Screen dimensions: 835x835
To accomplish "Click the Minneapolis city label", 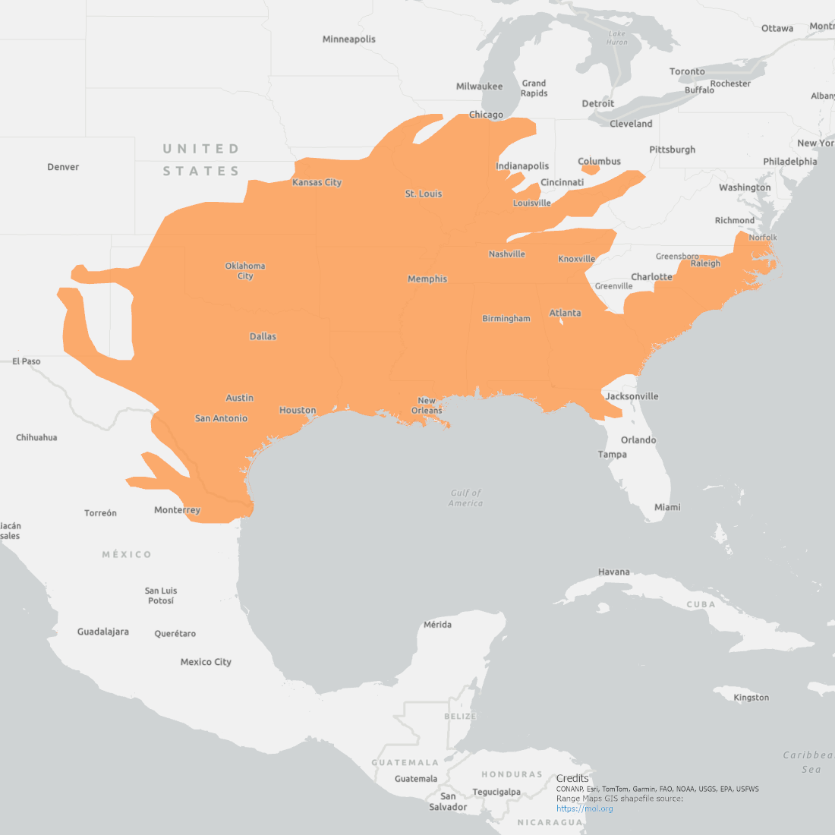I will (x=348, y=39).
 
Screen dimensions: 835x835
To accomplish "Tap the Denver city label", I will (x=63, y=167).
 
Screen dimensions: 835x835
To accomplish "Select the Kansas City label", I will (x=317, y=182).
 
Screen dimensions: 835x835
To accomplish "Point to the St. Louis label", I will (x=423, y=194).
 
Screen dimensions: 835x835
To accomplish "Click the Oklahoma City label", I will (x=244, y=271).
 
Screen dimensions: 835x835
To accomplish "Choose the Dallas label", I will (x=263, y=336).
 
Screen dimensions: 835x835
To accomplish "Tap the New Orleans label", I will (x=427, y=405).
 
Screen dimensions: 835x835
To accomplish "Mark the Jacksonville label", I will (x=632, y=396).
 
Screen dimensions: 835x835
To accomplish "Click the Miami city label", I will (x=667, y=507).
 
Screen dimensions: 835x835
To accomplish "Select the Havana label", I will (x=613, y=572).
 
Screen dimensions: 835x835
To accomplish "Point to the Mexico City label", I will (x=206, y=662).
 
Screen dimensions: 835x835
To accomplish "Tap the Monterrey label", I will (x=177, y=510).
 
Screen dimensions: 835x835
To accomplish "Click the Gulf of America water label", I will (x=465, y=498).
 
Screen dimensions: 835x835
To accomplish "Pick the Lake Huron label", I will (x=617, y=38).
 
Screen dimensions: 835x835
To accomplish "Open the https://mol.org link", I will (x=584, y=808).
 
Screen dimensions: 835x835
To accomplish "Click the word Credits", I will (x=572, y=778).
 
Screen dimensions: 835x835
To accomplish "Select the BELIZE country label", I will (x=460, y=717).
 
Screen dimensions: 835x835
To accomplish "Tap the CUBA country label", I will (x=701, y=604).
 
